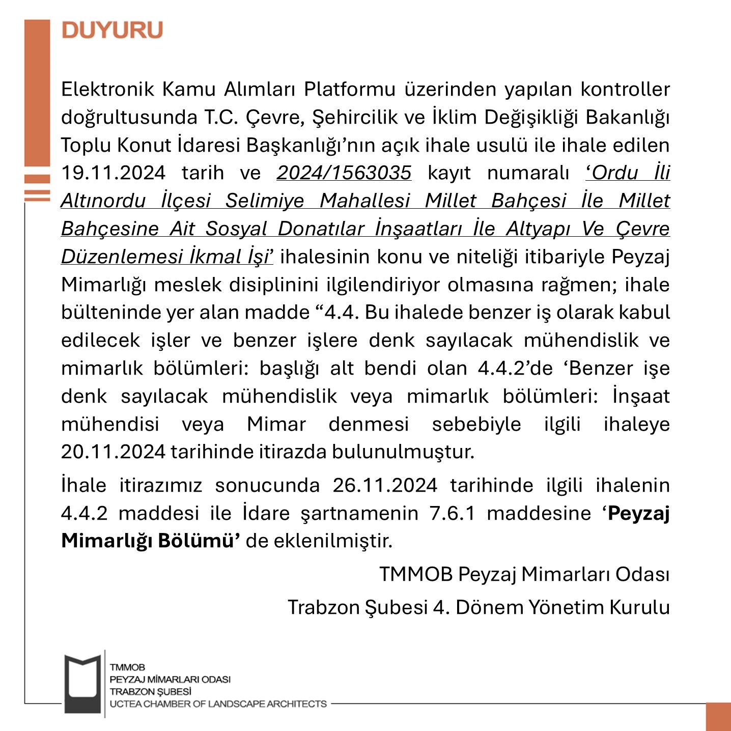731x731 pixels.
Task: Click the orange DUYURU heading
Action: pyautogui.click(x=112, y=30)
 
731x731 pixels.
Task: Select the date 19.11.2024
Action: pyautogui.click(x=113, y=173)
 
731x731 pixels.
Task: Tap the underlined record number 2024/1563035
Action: pyautogui.click(x=344, y=173)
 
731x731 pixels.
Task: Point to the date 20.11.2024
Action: pyautogui.click(x=113, y=452)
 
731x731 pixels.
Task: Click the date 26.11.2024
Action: pyautogui.click(x=385, y=485)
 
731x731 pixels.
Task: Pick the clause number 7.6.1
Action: pyautogui.click(x=452, y=513)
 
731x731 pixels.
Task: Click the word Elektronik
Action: pyautogui.click(x=107, y=90)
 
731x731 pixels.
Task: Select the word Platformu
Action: pyautogui.click(x=349, y=90)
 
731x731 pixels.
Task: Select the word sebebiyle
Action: pyautogui.click(x=476, y=424)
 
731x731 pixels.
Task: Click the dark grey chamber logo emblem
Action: pyautogui.click(x=82, y=683)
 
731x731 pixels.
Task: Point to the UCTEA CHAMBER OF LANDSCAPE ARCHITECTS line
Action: pyautogui.click(x=218, y=704)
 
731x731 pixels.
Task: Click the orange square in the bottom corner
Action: pyautogui.click(x=718, y=717)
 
